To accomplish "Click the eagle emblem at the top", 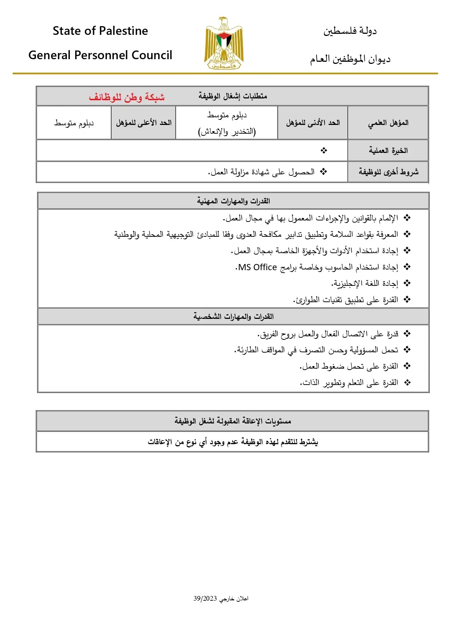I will [x=224, y=43].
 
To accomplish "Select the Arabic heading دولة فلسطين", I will [x=350, y=31].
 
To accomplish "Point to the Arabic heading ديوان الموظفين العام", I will [x=350, y=59].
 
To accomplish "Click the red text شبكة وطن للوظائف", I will [x=127, y=97].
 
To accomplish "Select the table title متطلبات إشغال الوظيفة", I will [x=233, y=96].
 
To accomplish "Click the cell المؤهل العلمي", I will [x=388, y=123].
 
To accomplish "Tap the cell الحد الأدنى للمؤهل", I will [x=313, y=123].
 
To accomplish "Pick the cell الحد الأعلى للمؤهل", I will [x=144, y=123].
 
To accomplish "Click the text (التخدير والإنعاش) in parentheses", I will [x=227, y=131].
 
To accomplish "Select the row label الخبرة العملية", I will [x=388, y=150].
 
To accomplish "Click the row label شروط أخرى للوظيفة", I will [x=388, y=171].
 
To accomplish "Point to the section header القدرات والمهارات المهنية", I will [x=233, y=201].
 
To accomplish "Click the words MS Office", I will [x=258, y=267].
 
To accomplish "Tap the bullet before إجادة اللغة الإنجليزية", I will [x=407, y=283].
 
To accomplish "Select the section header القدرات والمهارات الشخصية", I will [x=233, y=316].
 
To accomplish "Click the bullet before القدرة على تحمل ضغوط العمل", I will [x=407, y=366].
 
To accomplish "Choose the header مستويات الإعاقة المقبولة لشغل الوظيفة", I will [x=233, y=421].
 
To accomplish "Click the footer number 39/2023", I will [x=205, y=599].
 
